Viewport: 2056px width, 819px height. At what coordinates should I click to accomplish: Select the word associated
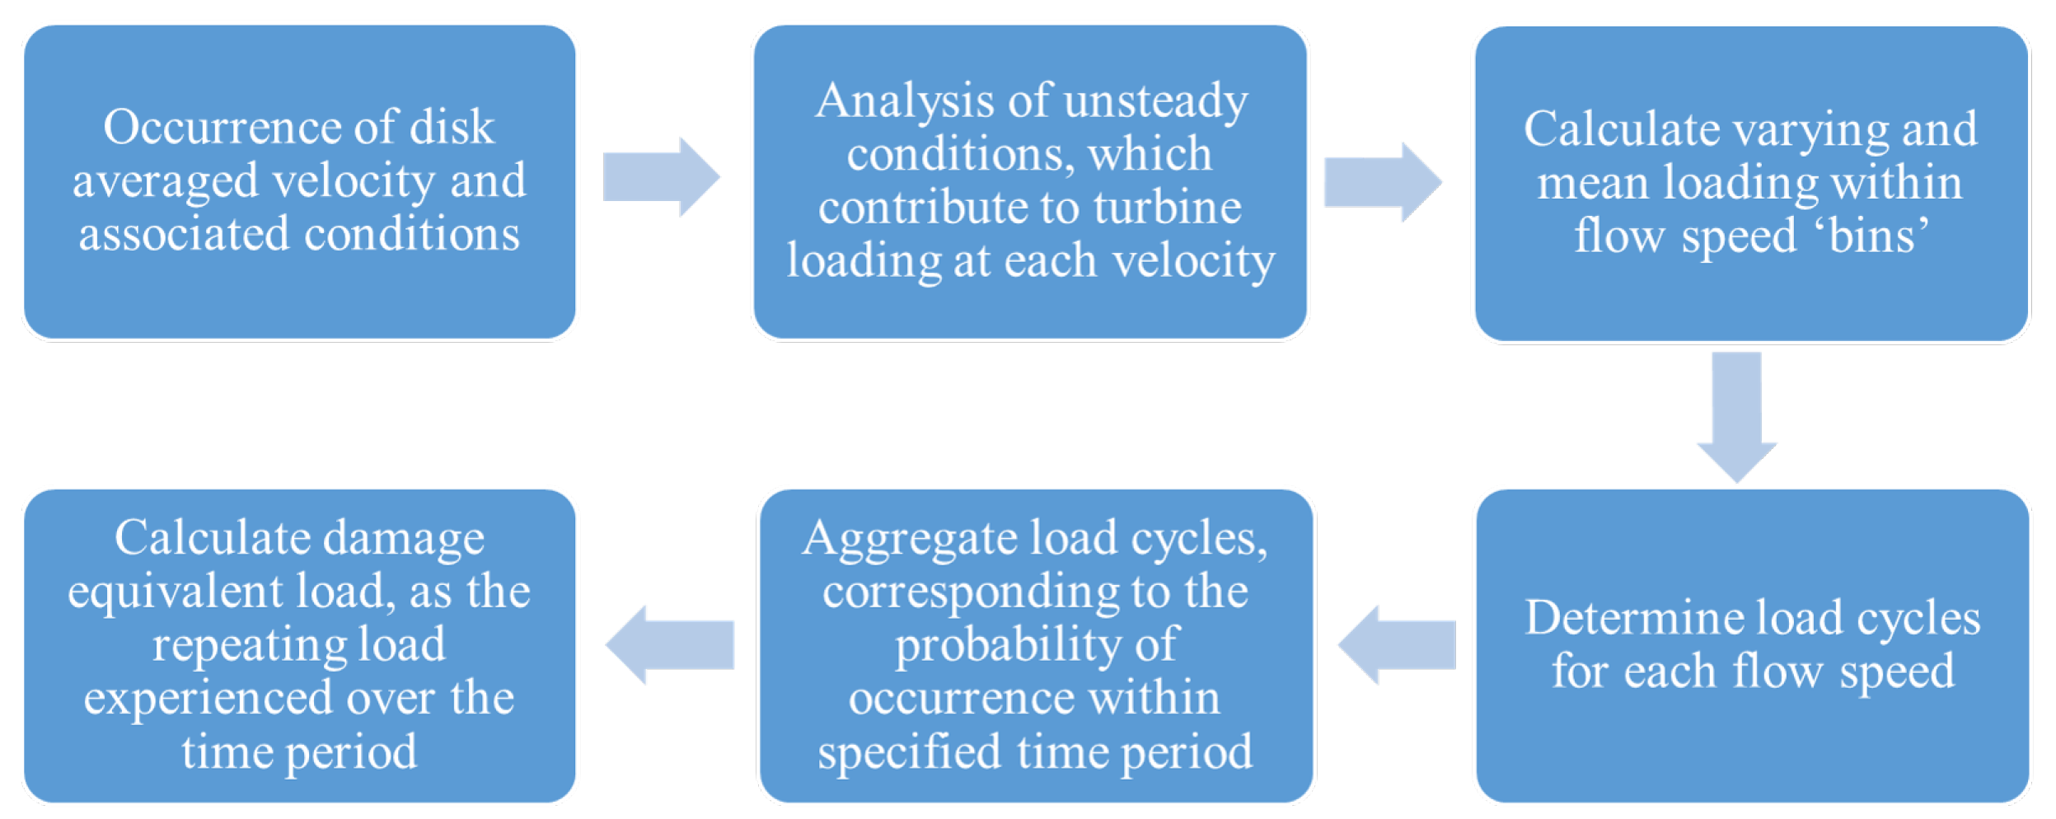(183, 234)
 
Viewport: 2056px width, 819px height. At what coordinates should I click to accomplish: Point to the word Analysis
(903, 101)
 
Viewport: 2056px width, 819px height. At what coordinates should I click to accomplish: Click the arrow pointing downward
(1736, 416)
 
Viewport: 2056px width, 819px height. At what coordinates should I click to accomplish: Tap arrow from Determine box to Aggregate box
(1398, 644)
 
